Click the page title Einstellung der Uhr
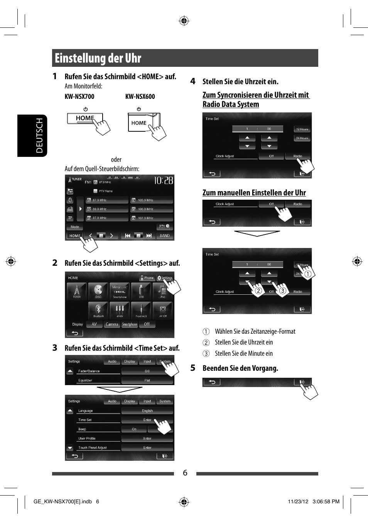98,58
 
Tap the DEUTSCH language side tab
39,136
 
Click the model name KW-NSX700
79,97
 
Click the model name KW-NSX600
140,97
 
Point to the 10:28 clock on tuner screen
164,180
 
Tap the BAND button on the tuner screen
165,236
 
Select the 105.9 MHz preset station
151,200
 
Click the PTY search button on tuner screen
165,227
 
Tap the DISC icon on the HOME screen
98,290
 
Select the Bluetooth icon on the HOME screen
98,310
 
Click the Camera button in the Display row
112,324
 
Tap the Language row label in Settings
86,411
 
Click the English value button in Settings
147,411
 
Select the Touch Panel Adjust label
93,448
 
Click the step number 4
193,81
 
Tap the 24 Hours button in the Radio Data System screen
302,138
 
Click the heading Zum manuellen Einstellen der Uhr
254,193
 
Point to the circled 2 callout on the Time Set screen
258,291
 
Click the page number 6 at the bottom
185,473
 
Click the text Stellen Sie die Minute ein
243,353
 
